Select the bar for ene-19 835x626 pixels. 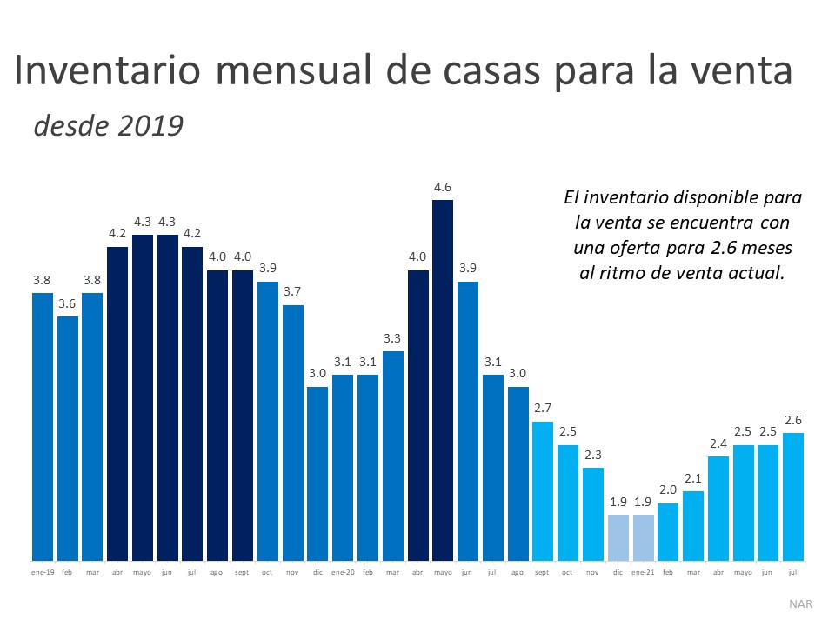click(x=43, y=426)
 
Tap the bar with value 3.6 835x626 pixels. click(x=68, y=438)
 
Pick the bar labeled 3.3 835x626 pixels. click(x=393, y=456)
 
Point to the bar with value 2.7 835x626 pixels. click(x=543, y=490)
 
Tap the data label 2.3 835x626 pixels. click(x=592, y=455)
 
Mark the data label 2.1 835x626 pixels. click(x=693, y=478)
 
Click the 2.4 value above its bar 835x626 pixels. click(x=718, y=443)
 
